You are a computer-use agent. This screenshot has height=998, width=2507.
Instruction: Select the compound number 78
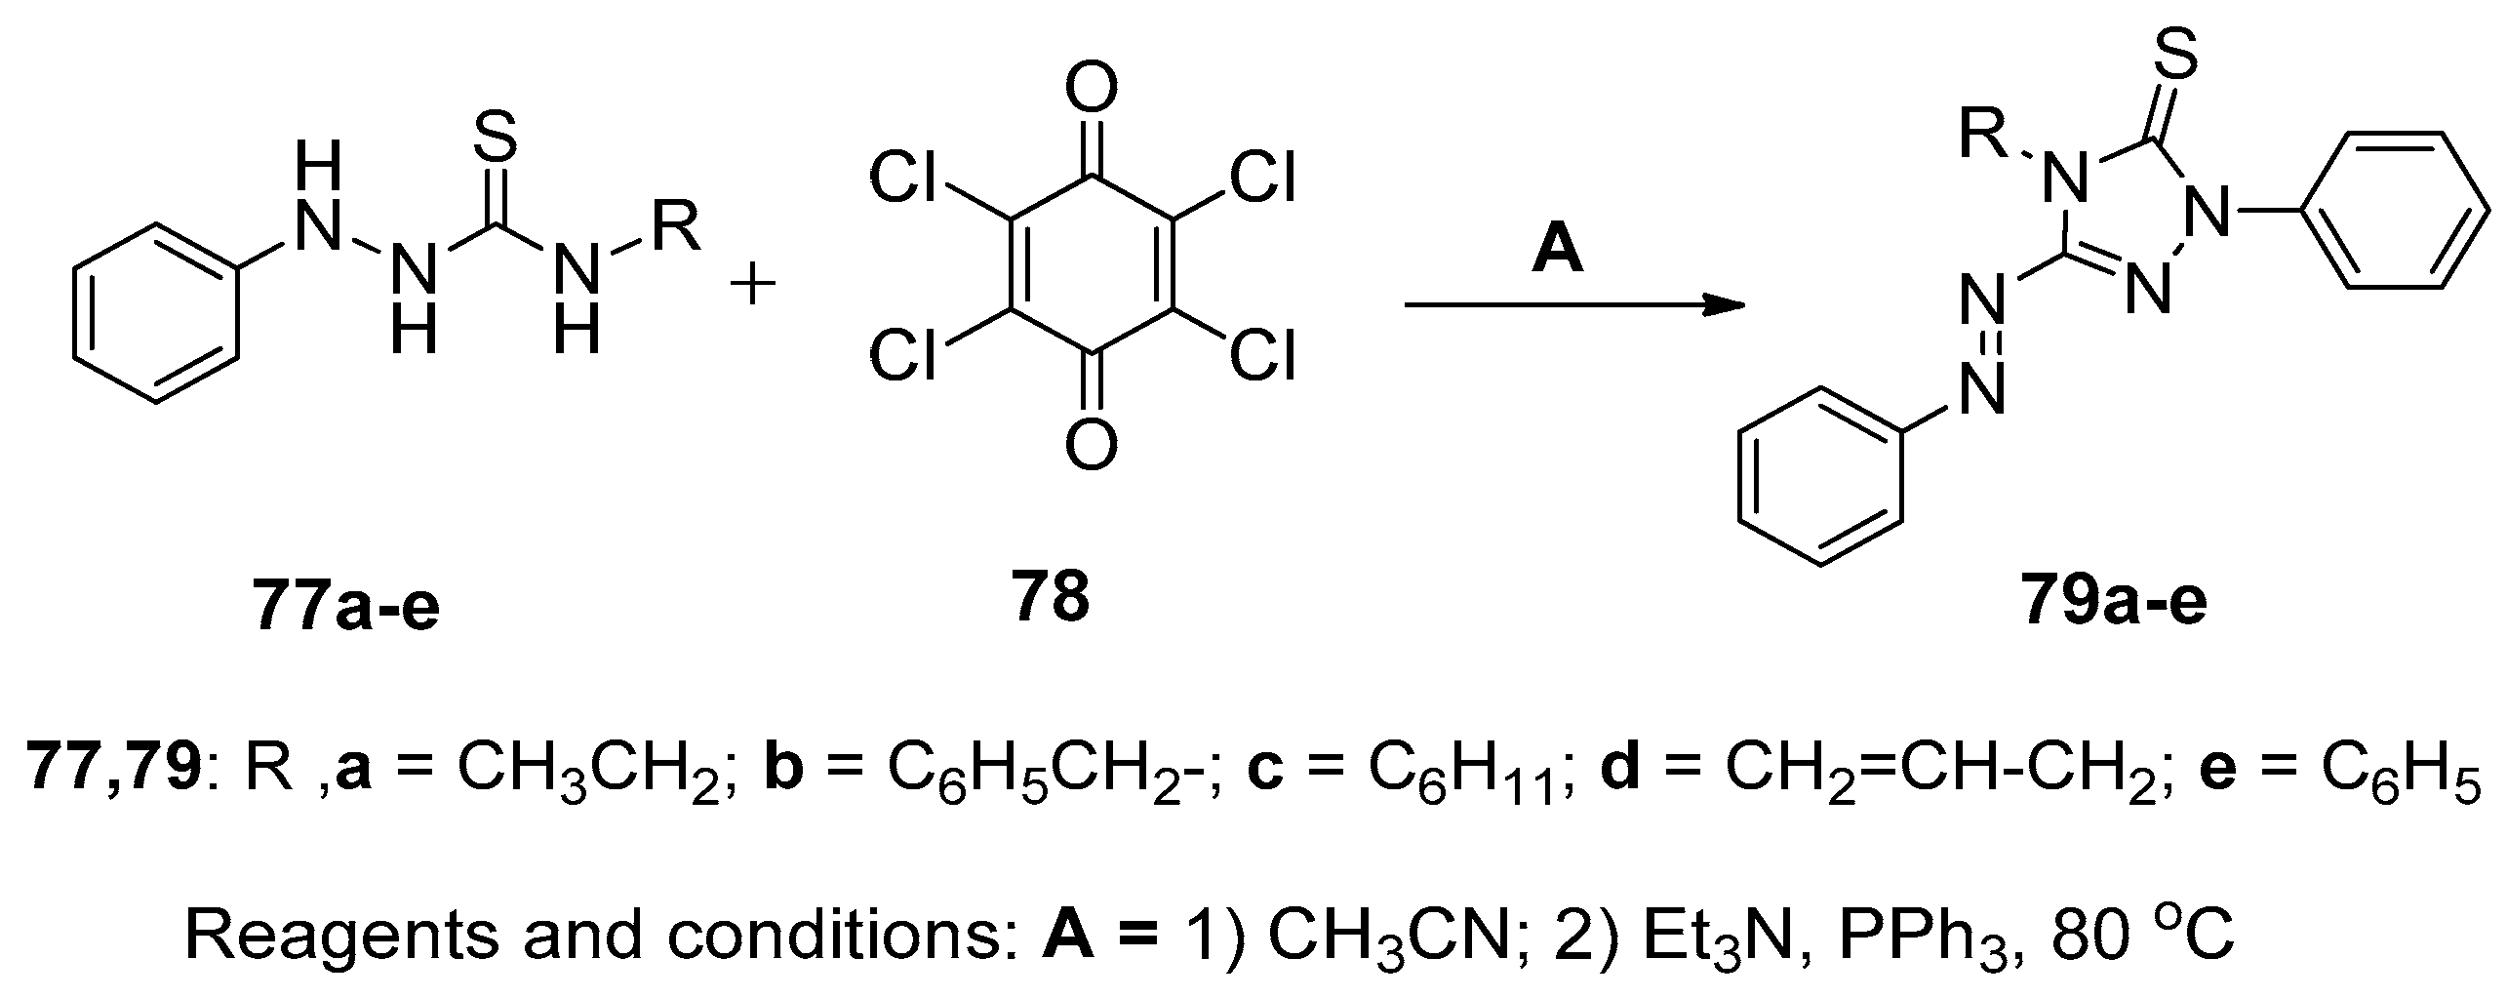tap(1050, 596)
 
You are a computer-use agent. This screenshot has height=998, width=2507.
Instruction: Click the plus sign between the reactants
tap(752, 287)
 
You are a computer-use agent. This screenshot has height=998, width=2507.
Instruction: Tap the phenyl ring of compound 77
tap(156, 312)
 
